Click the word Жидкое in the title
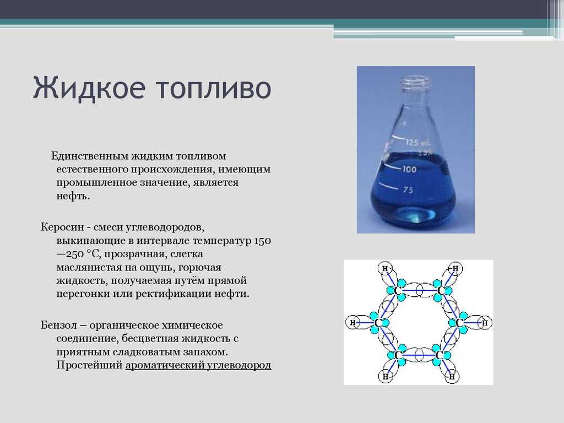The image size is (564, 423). click(89, 88)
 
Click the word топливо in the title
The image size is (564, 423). click(214, 88)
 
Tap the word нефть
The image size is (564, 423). click(73, 196)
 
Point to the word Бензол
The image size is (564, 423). click(58, 325)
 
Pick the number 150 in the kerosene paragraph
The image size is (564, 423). click(263, 241)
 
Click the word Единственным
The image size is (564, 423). click(90, 156)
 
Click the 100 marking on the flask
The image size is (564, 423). click(409, 169)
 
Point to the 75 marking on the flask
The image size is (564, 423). click(408, 189)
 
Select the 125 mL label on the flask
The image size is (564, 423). click(417, 143)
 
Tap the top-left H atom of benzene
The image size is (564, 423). click(386, 268)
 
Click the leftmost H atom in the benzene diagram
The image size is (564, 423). click(352, 323)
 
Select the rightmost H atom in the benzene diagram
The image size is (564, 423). click(485, 323)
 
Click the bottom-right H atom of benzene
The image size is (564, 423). click(452, 377)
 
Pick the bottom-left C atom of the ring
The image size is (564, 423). click(398, 355)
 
